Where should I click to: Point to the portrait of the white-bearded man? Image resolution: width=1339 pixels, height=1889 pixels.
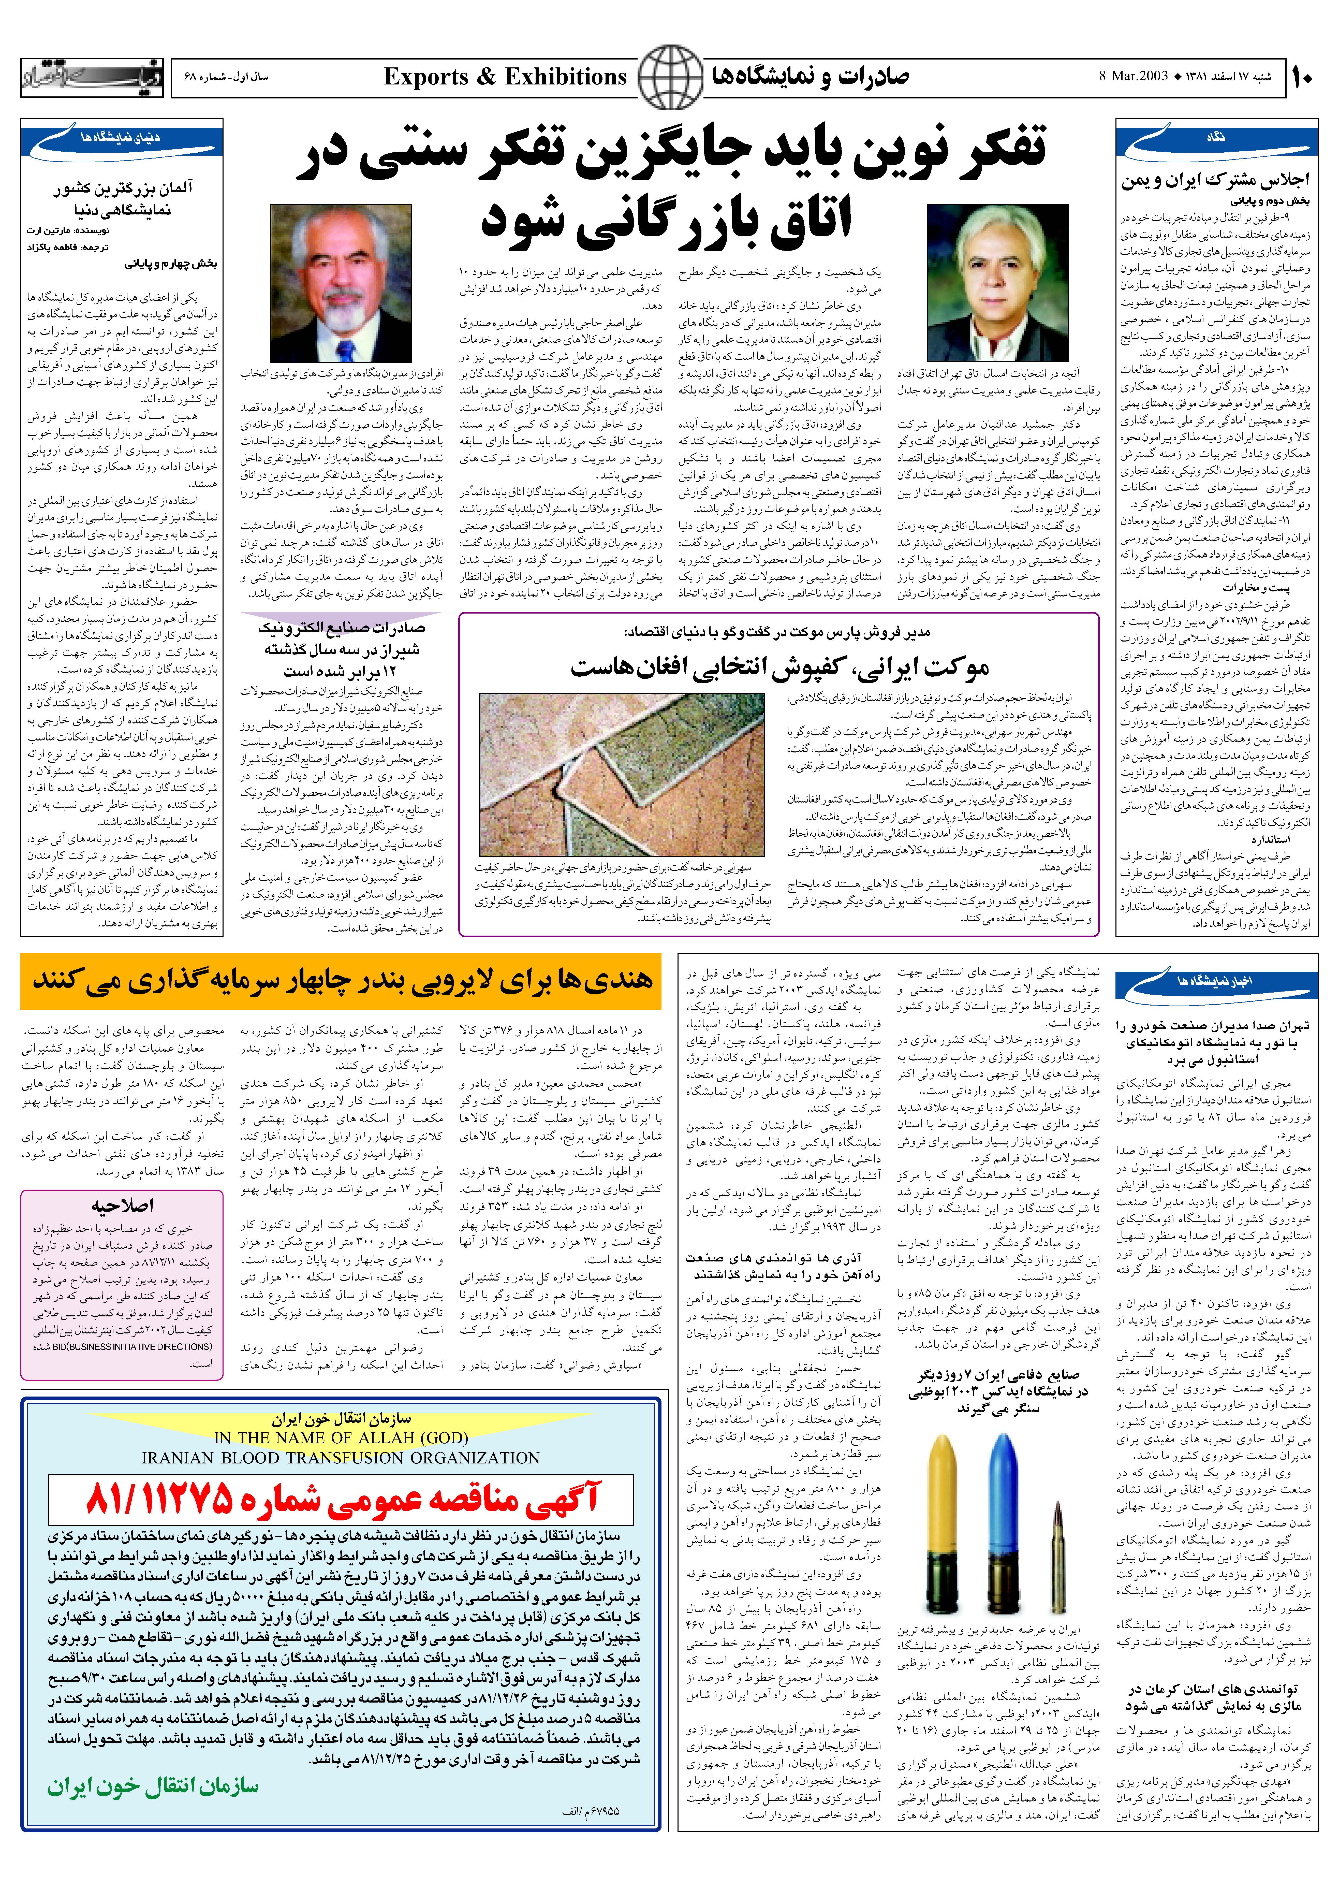pos(341,283)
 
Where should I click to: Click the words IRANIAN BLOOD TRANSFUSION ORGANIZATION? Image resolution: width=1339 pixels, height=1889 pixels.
pos(341,1458)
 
